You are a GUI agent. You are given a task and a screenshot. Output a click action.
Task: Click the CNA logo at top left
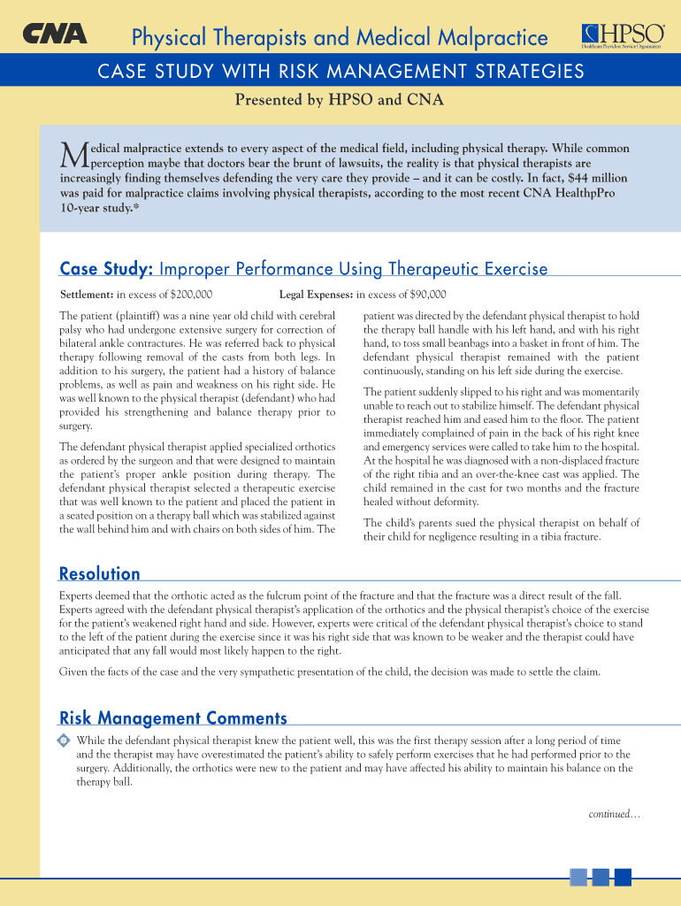click(x=55, y=34)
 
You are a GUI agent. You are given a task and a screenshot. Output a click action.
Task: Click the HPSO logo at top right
click(x=622, y=34)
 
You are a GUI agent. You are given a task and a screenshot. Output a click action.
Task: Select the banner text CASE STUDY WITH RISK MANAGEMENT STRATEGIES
click(x=340, y=72)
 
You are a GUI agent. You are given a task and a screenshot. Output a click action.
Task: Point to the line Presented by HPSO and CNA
click(x=339, y=100)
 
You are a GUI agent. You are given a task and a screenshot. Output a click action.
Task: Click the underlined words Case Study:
click(x=107, y=268)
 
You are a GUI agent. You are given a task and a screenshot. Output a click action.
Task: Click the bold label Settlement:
click(x=87, y=295)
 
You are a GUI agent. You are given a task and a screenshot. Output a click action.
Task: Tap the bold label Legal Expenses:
click(x=316, y=295)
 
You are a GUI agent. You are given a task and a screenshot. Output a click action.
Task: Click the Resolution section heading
click(x=99, y=573)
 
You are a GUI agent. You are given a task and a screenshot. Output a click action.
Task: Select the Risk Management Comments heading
click(x=172, y=718)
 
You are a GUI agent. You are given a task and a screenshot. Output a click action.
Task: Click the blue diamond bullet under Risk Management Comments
click(x=63, y=740)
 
